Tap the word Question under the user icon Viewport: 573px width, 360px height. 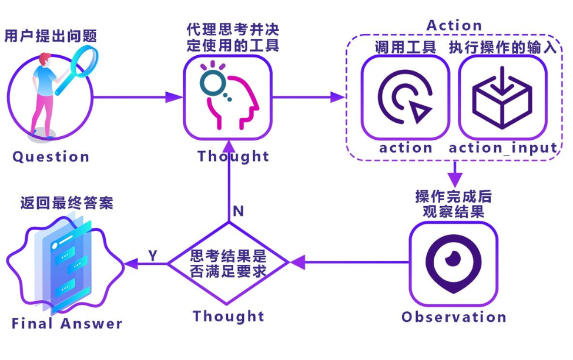tap(51, 157)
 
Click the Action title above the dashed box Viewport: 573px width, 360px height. tap(454, 26)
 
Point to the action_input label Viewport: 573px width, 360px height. tap(503, 148)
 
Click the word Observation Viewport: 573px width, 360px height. tap(454, 317)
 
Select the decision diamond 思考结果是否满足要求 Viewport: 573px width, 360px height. tap(229, 264)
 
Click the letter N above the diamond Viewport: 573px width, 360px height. tap(238, 211)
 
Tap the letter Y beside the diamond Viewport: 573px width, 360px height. tap(153, 255)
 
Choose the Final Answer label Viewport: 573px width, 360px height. tap(67, 324)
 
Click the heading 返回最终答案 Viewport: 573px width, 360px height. tap(66, 203)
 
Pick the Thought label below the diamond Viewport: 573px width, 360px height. tap(229, 317)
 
